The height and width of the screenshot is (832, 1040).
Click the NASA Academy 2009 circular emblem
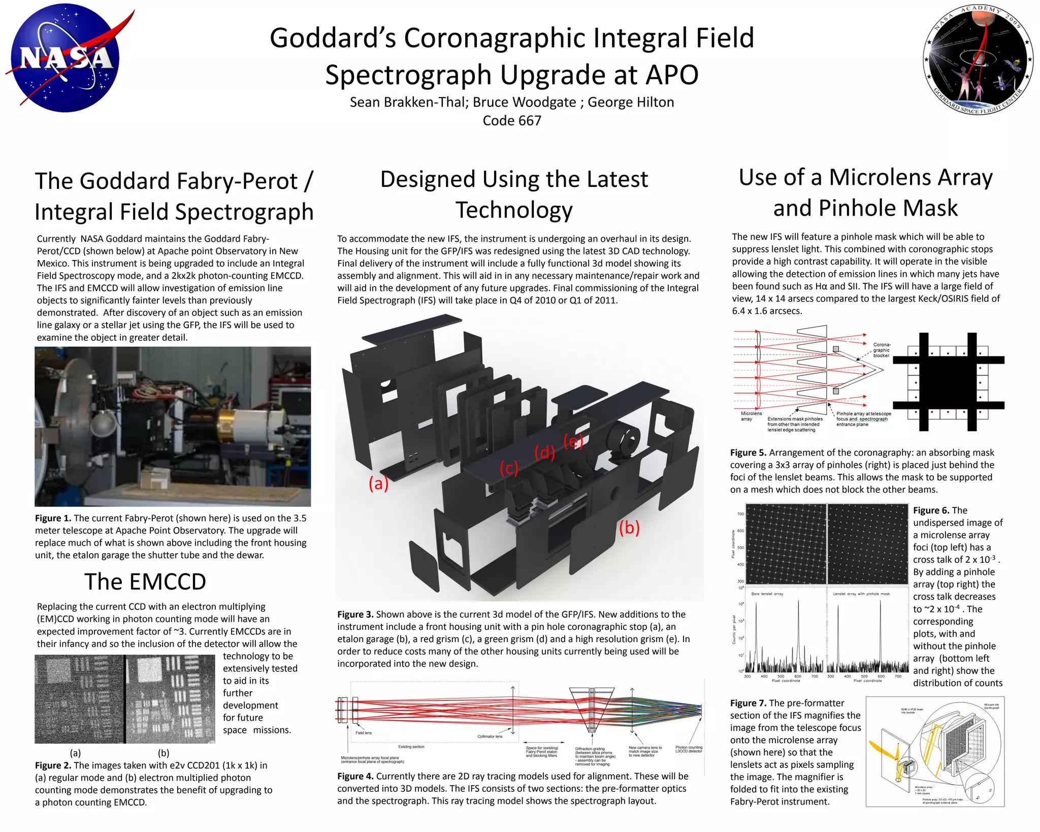[x=978, y=60]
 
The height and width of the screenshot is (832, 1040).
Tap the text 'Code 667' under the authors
[x=512, y=121]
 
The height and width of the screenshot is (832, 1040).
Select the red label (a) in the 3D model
[x=378, y=483]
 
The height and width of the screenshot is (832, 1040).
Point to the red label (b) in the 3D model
[x=629, y=528]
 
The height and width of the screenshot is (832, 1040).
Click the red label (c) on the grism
[x=508, y=468]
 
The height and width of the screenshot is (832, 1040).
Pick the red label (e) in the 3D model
[x=573, y=441]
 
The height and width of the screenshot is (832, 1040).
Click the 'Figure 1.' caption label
[x=53, y=518]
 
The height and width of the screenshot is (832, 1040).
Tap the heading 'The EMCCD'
[x=145, y=582]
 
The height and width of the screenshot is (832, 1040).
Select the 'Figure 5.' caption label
[x=748, y=453]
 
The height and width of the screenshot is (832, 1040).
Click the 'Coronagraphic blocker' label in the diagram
[x=881, y=350]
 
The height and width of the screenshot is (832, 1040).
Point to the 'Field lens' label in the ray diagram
[x=364, y=733]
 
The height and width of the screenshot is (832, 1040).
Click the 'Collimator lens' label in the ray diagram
[x=490, y=737]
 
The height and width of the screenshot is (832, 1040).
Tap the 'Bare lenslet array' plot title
[x=767, y=594]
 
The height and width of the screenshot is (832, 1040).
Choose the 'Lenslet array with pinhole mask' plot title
[x=861, y=594]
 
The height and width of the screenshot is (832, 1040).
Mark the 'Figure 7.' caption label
[x=748, y=703]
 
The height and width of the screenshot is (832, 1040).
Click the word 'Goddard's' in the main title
[x=332, y=38]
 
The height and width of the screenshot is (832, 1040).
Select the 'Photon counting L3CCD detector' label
[x=689, y=749]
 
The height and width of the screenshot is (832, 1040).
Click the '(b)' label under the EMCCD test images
[x=164, y=753]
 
